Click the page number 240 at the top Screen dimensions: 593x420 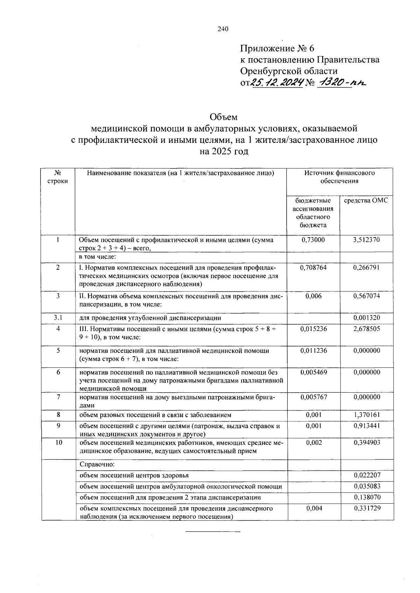point(223,29)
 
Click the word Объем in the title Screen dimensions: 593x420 point(223,117)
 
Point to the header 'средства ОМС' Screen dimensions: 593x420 point(366,201)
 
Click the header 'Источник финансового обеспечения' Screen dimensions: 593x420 point(339,177)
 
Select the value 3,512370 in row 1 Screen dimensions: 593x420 point(366,240)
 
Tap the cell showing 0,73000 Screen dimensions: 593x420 point(313,240)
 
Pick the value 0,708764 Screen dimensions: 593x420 point(313,268)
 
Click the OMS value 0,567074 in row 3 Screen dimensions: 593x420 point(366,296)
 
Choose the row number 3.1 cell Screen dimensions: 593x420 point(58,318)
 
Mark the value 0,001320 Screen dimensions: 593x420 point(366,318)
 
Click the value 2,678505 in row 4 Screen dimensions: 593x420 point(366,329)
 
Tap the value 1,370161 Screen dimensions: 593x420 point(366,415)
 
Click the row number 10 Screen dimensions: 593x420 point(58,443)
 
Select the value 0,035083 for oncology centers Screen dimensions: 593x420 point(367,487)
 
